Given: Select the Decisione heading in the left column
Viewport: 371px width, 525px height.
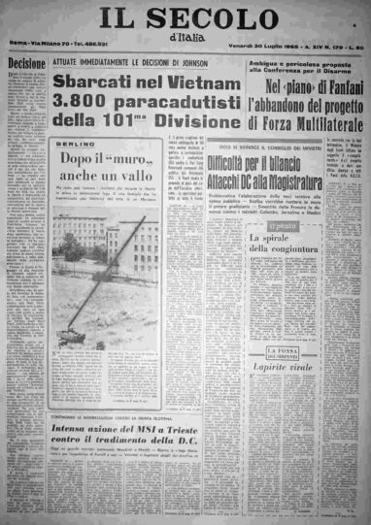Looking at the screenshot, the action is [23, 61].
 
